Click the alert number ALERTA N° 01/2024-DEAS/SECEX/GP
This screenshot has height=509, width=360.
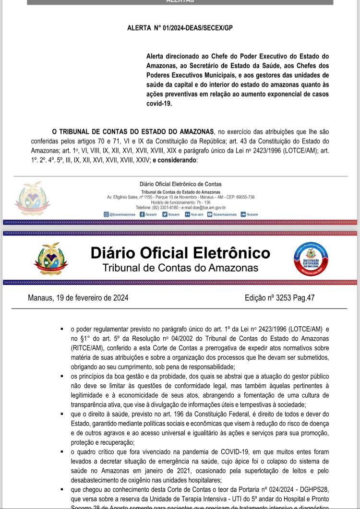[x=180, y=28]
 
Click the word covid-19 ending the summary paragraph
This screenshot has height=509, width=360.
[x=159, y=103]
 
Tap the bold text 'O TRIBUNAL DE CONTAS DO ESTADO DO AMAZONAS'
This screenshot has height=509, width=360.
[x=133, y=131]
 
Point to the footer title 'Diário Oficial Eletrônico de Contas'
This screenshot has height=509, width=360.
[x=180, y=184]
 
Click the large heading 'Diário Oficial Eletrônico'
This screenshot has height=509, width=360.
[x=180, y=253]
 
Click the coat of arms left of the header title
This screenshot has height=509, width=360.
[x=50, y=259]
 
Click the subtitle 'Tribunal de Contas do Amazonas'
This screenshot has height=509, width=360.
[x=180, y=268]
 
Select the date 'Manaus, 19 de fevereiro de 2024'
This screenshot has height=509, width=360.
[x=78, y=298]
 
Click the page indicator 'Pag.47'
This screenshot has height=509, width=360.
[x=304, y=298]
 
